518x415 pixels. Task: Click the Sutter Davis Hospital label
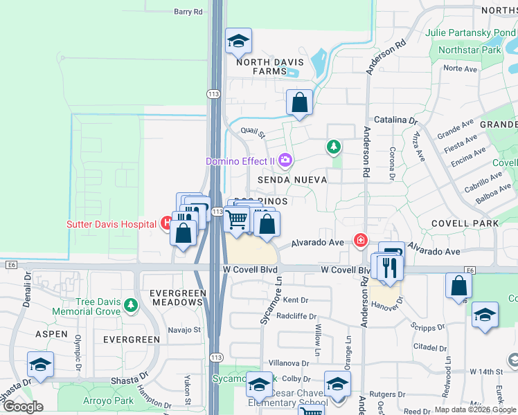click(111, 223)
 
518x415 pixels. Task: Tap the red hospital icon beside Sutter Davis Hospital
click(166, 223)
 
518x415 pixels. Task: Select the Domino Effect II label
click(240, 161)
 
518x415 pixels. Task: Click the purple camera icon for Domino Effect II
click(285, 161)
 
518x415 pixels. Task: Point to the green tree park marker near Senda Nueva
click(334, 147)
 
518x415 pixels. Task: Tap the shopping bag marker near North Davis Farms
click(300, 102)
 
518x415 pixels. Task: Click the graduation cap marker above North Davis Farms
click(238, 41)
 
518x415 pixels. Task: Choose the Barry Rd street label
click(188, 12)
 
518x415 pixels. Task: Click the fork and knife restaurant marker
click(389, 266)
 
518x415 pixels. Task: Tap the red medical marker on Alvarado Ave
click(360, 240)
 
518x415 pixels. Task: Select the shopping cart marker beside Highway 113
click(237, 220)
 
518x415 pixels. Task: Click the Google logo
click(22, 406)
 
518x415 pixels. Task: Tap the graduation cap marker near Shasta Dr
click(40, 365)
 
